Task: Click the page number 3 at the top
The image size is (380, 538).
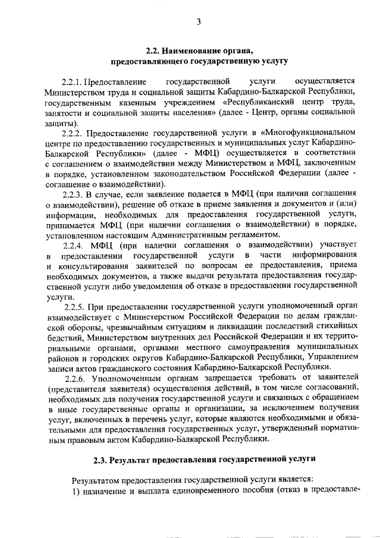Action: pyautogui.click(x=198, y=23)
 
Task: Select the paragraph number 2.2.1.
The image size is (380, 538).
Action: pyautogui.click(x=72, y=80)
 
